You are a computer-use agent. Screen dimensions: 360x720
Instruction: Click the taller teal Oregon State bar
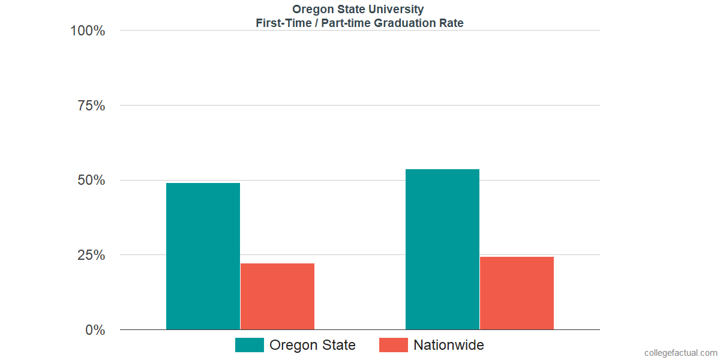coord(442,249)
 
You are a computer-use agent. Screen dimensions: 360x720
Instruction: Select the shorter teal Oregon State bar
coord(203,256)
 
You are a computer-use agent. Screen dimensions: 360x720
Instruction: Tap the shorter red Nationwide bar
coord(277,296)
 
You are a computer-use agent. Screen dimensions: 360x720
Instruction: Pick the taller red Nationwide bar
coord(517,293)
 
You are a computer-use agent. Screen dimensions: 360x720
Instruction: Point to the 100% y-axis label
coord(88,31)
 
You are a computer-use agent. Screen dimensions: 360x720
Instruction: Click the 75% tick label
coord(91,106)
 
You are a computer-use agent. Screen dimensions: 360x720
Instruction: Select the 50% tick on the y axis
coord(91,180)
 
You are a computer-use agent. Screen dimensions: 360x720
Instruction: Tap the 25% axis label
coord(91,255)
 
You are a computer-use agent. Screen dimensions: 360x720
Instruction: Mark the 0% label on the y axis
coord(95,330)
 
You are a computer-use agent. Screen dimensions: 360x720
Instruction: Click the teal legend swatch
coord(249,345)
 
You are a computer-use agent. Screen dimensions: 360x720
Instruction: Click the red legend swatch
coord(394,345)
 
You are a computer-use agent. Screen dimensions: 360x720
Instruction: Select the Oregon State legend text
coord(312,345)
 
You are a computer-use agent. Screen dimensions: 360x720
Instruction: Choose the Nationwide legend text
coord(448,345)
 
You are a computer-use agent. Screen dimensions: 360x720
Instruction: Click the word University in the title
coord(398,10)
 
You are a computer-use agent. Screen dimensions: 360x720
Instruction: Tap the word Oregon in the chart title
coord(311,10)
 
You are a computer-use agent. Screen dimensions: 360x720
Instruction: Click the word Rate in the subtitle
coord(451,23)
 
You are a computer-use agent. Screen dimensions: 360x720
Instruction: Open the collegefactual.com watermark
coord(680,353)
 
